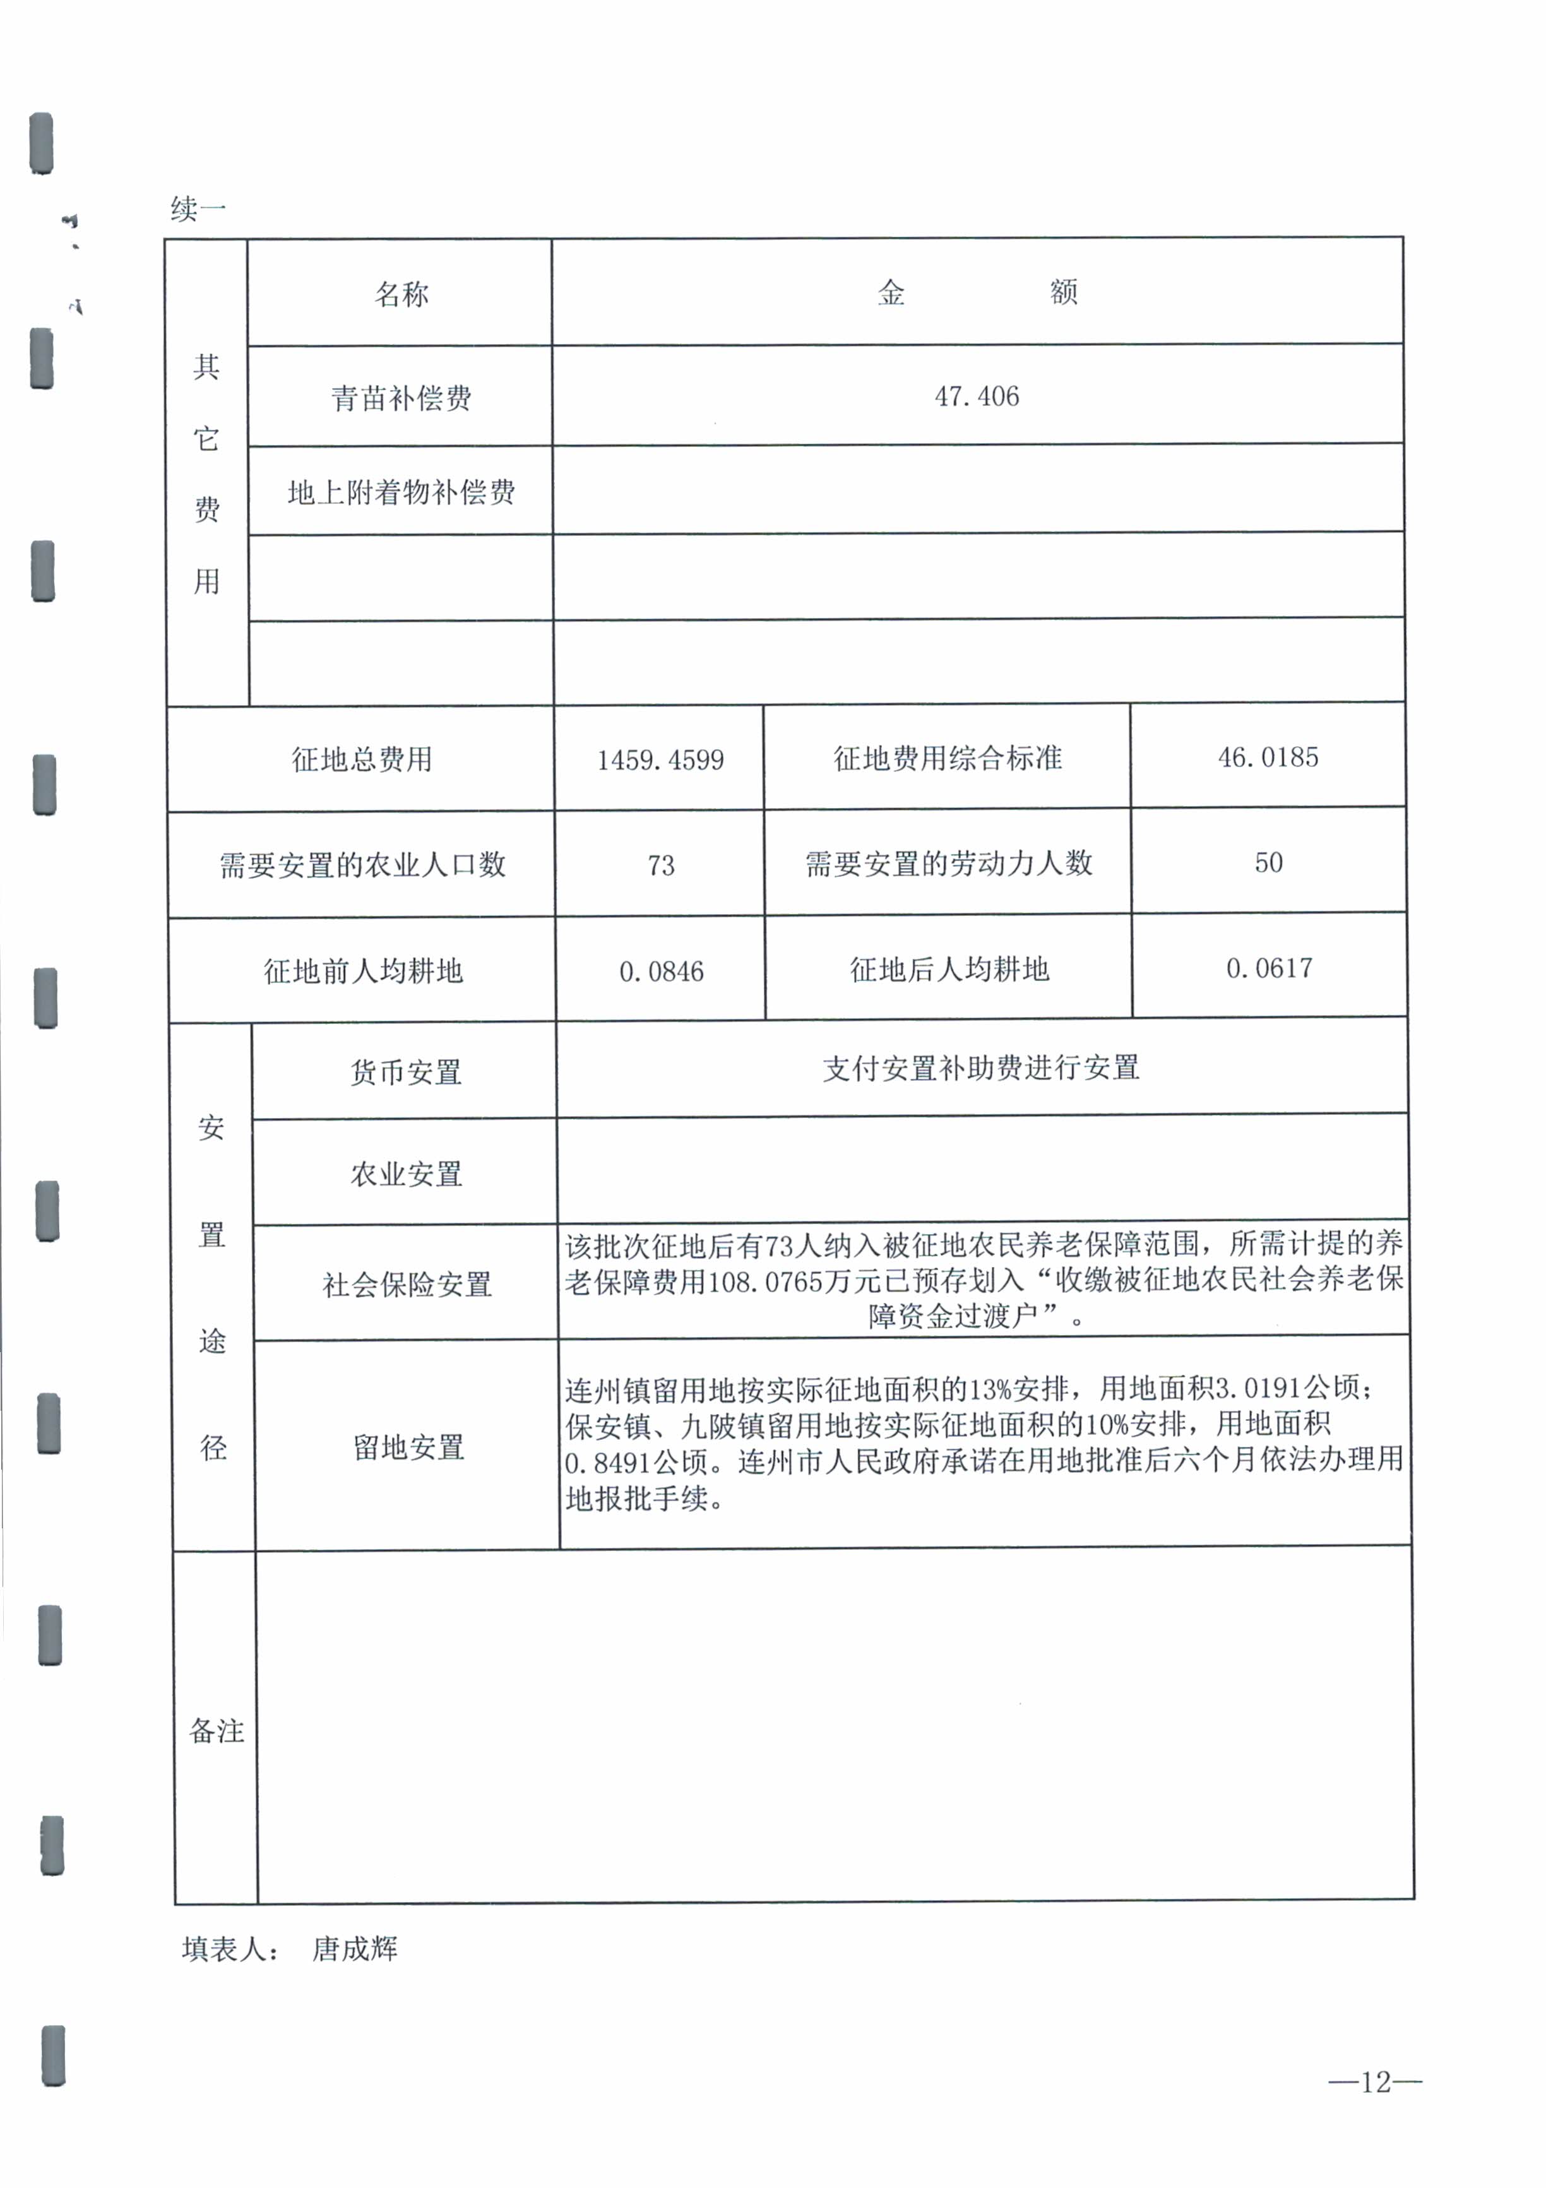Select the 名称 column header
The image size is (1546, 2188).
click(401, 294)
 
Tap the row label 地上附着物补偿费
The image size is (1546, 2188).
click(401, 492)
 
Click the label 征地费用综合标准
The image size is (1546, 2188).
click(948, 759)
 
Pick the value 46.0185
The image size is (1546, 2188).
click(1268, 758)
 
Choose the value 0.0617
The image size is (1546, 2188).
click(1269, 969)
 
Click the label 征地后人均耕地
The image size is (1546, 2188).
click(949, 970)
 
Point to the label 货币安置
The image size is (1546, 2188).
click(406, 1073)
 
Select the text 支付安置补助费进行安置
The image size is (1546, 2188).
click(981, 1068)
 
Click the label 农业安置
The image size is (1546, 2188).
click(406, 1174)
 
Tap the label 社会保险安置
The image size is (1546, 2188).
click(407, 1285)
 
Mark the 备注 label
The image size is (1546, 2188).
click(217, 1730)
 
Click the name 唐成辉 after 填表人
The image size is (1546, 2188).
click(355, 1950)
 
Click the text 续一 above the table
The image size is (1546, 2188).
click(198, 209)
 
